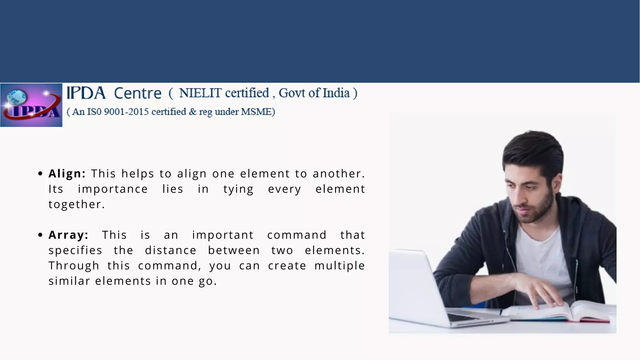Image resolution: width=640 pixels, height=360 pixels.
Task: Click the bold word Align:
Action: [x=67, y=174]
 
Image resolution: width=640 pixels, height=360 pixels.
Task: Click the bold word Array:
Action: [x=68, y=235]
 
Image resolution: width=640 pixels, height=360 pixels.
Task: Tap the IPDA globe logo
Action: [x=31, y=105]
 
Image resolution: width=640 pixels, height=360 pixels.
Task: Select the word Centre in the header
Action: [x=137, y=93]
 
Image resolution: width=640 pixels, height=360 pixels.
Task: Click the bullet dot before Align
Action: [x=40, y=174]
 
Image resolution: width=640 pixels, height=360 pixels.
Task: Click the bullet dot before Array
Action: [x=40, y=235]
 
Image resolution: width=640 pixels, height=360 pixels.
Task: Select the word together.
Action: [x=77, y=204]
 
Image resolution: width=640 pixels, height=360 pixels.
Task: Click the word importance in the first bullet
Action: [x=113, y=189]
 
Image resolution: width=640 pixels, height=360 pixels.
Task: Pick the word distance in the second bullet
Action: [x=171, y=250]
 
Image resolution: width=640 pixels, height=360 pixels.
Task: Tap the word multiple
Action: [x=339, y=266]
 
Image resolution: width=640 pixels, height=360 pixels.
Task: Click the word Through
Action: [x=74, y=266]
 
